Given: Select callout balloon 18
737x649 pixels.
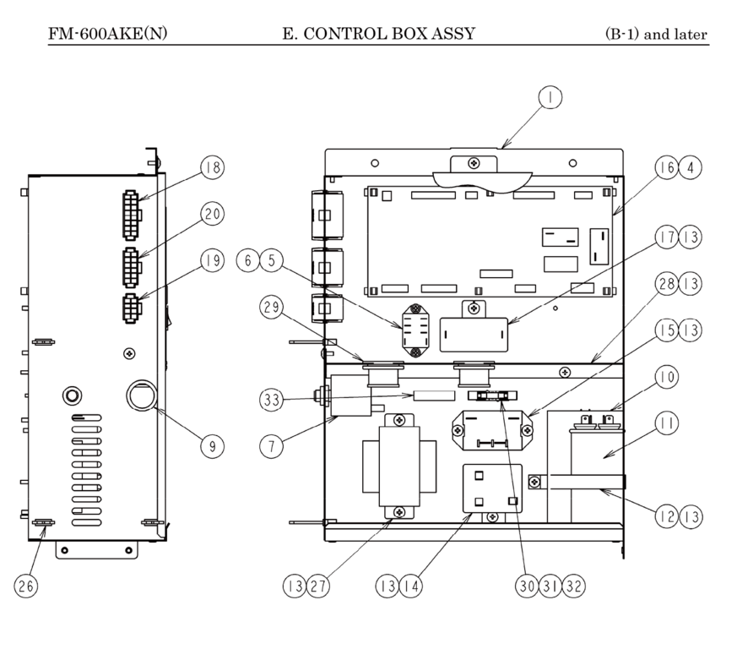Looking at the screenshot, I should click(x=212, y=167).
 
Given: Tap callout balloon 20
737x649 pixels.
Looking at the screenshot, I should click(x=212, y=215).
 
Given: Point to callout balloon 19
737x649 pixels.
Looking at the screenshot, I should click(x=212, y=261).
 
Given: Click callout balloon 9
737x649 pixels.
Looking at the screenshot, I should click(x=212, y=444).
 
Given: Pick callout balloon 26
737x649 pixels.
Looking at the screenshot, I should click(x=27, y=584).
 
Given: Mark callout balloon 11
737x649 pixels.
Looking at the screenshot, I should click(x=665, y=424).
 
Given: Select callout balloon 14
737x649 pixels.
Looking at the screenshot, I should click(x=411, y=584).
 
